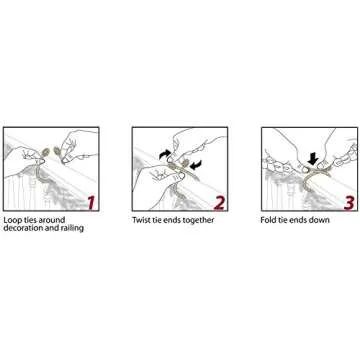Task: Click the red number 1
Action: click(91, 203)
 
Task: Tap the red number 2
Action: click(219, 203)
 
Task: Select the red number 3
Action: click(348, 203)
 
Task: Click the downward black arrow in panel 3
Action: click(313, 158)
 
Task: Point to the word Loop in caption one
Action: click(11, 220)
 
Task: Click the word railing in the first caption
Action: click(71, 229)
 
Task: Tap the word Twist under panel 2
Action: click(141, 220)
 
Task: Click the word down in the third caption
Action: click(320, 220)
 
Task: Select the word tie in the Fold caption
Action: click(283, 220)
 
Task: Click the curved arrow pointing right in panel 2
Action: click(165, 154)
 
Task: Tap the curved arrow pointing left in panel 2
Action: click(196, 165)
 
